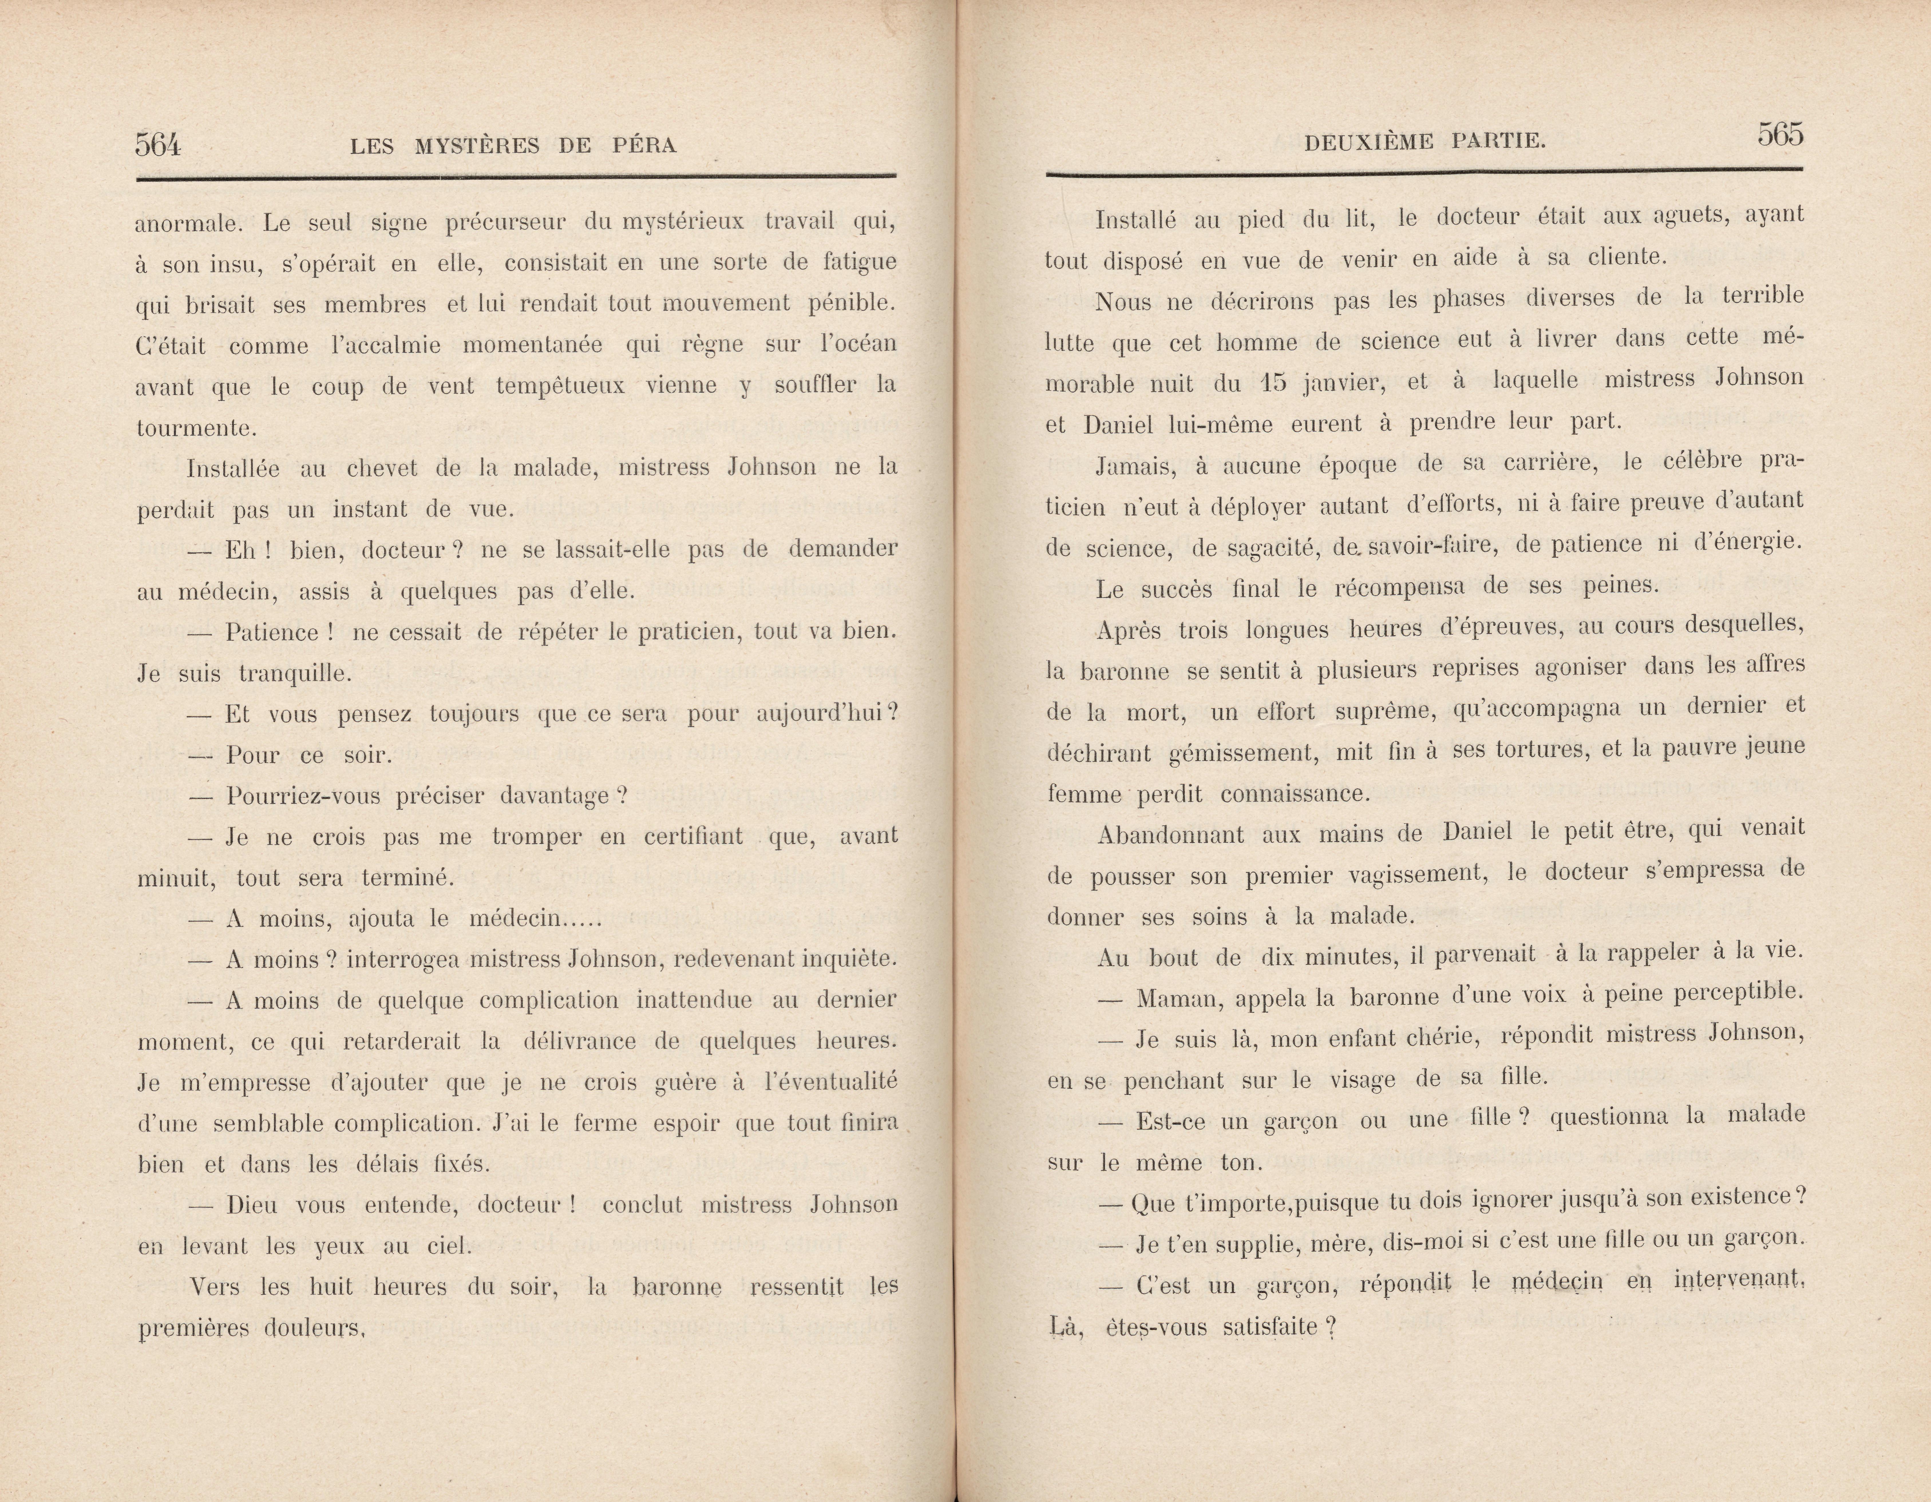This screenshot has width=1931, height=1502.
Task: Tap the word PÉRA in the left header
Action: pos(644,146)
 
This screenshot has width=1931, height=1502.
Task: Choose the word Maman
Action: pos(1177,999)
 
